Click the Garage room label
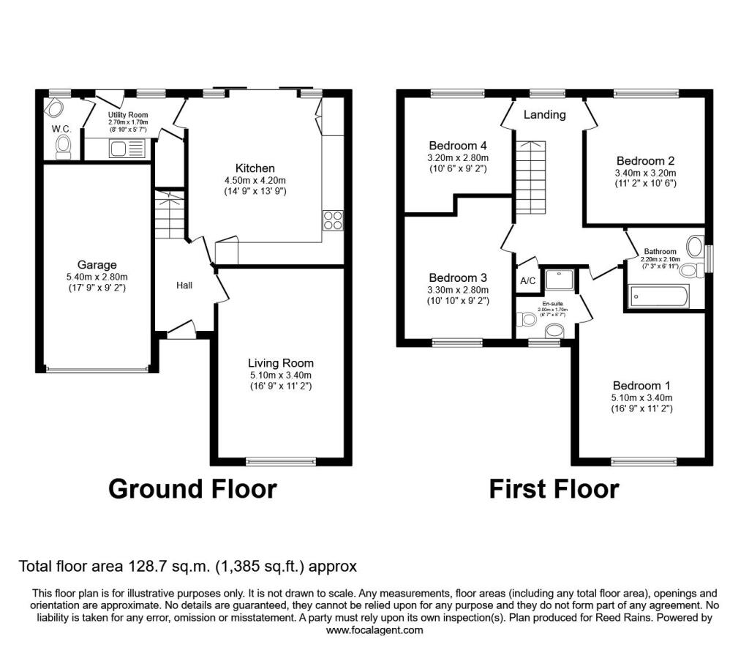97,265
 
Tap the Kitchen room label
255,168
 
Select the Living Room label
281,363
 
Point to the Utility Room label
128,115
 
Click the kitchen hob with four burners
333,220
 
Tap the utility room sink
127,149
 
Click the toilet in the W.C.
63,146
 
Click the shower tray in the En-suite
560,280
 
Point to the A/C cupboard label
528,280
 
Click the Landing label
544,115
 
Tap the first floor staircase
530,177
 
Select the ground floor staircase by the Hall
170,215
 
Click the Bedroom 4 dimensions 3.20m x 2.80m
458,157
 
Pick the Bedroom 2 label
645,161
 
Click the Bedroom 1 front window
644,461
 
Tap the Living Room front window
281,461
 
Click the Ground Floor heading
192,490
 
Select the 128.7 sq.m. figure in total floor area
169,567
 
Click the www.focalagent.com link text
374,630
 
